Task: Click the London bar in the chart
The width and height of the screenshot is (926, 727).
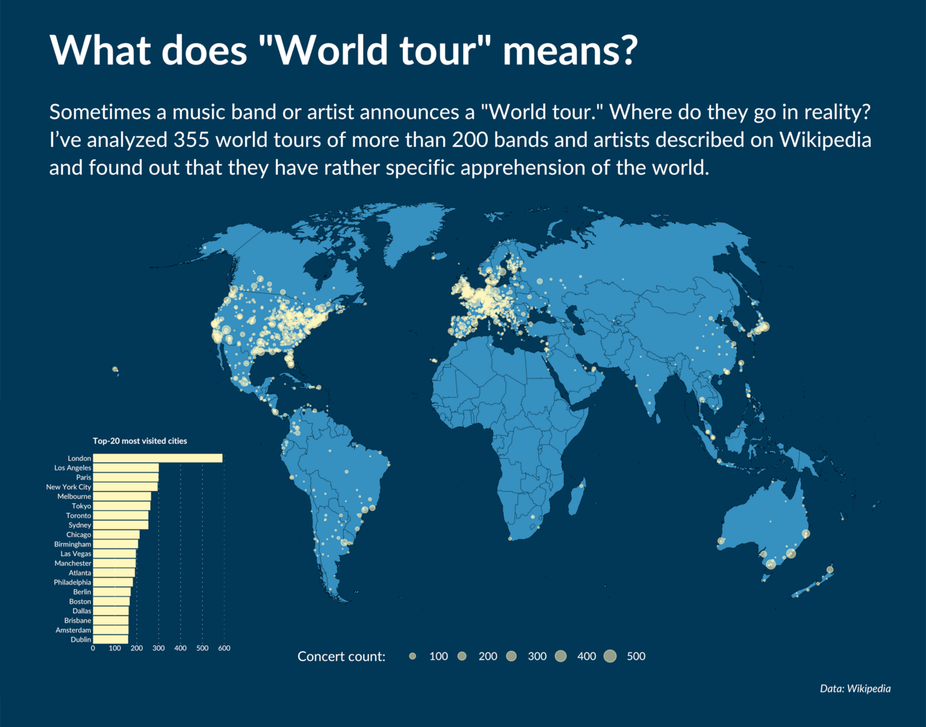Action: [x=158, y=458]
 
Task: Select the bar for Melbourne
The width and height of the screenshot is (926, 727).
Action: [x=122, y=496]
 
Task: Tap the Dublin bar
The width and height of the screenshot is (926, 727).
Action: [x=110, y=640]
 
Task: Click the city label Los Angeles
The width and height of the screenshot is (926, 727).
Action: [x=72, y=467]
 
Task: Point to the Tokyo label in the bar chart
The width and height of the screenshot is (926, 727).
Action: [x=81, y=506]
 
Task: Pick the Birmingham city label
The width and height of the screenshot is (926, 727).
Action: [x=72, y=544]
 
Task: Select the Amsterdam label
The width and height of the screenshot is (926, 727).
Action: [x=73, y=630]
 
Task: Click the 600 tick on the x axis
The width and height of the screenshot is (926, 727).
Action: [x=224, y=648]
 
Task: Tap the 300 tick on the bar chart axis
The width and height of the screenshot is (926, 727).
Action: [x=158, y=648]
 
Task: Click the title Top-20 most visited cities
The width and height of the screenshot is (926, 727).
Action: [x=140, y=441]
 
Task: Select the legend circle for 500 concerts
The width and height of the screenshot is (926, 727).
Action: [x=610, y=656]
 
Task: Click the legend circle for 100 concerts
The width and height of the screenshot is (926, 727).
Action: [x=413, y=656]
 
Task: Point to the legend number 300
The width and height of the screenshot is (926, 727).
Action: [x=537, y=656]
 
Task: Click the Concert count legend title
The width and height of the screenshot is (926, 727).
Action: [x=341, y=657]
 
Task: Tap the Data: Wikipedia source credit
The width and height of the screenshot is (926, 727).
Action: [x=855, y=688]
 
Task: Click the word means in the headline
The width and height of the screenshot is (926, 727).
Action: [x=570, y=50]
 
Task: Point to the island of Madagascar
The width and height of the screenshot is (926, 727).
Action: [x=576, y=499]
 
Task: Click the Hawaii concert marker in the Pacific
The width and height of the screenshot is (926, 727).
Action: [x=115, y=370]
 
